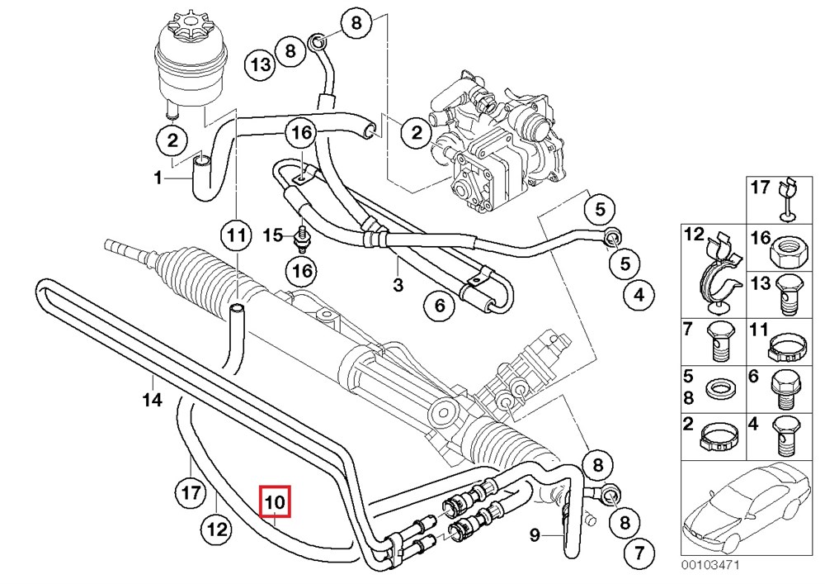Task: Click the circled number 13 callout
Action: tap(261, 64)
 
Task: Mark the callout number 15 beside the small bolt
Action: tap(273, 236)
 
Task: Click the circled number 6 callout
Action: tap(440, 307)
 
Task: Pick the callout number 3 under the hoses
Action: tap(398, 286)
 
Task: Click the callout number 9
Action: tap(535, 536)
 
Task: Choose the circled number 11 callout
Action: tap(238, 236)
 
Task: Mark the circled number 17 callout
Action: tap(191, 494)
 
